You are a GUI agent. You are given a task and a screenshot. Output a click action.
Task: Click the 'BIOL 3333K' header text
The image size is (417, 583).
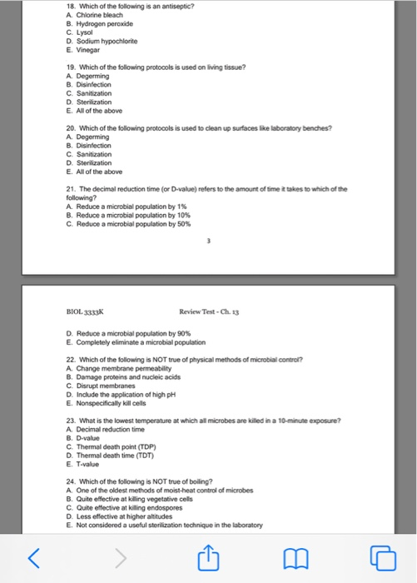tap(86, 311)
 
